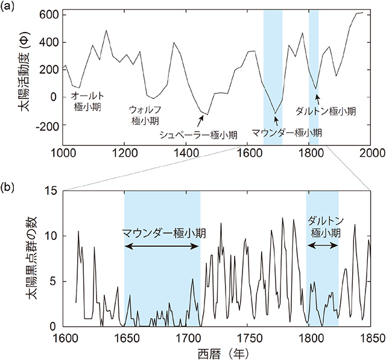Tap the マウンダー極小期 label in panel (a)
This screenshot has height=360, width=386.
click(x=286, y=132)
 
